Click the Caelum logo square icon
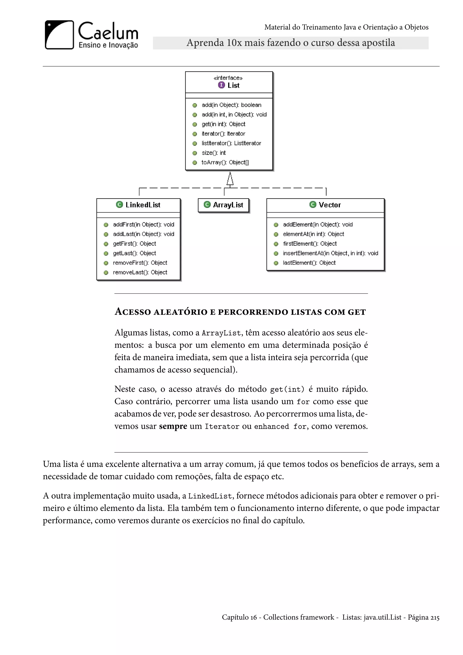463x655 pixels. tap(59, 35)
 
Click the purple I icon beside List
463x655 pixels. tap(221, 85)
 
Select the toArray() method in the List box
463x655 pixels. tap(225, 162)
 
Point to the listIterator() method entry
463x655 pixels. tap(231, 143)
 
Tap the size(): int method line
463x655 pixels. tap(214, 153)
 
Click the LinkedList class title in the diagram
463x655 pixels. tap(143, 205)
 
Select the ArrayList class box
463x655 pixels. tap(224, 205)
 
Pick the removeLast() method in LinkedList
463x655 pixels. tap(140, 273)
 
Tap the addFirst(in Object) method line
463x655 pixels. tap(143, 225)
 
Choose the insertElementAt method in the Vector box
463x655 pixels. tap(331, 253)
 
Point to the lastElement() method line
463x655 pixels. tap(309, 263)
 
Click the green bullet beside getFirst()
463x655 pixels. tap(106, 244)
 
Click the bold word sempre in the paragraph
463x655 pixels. tap(173, 426)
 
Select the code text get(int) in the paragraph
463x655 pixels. tap(287, 389)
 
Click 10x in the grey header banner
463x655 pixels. tap(234, 43)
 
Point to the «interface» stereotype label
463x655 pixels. tap(228, 78)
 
